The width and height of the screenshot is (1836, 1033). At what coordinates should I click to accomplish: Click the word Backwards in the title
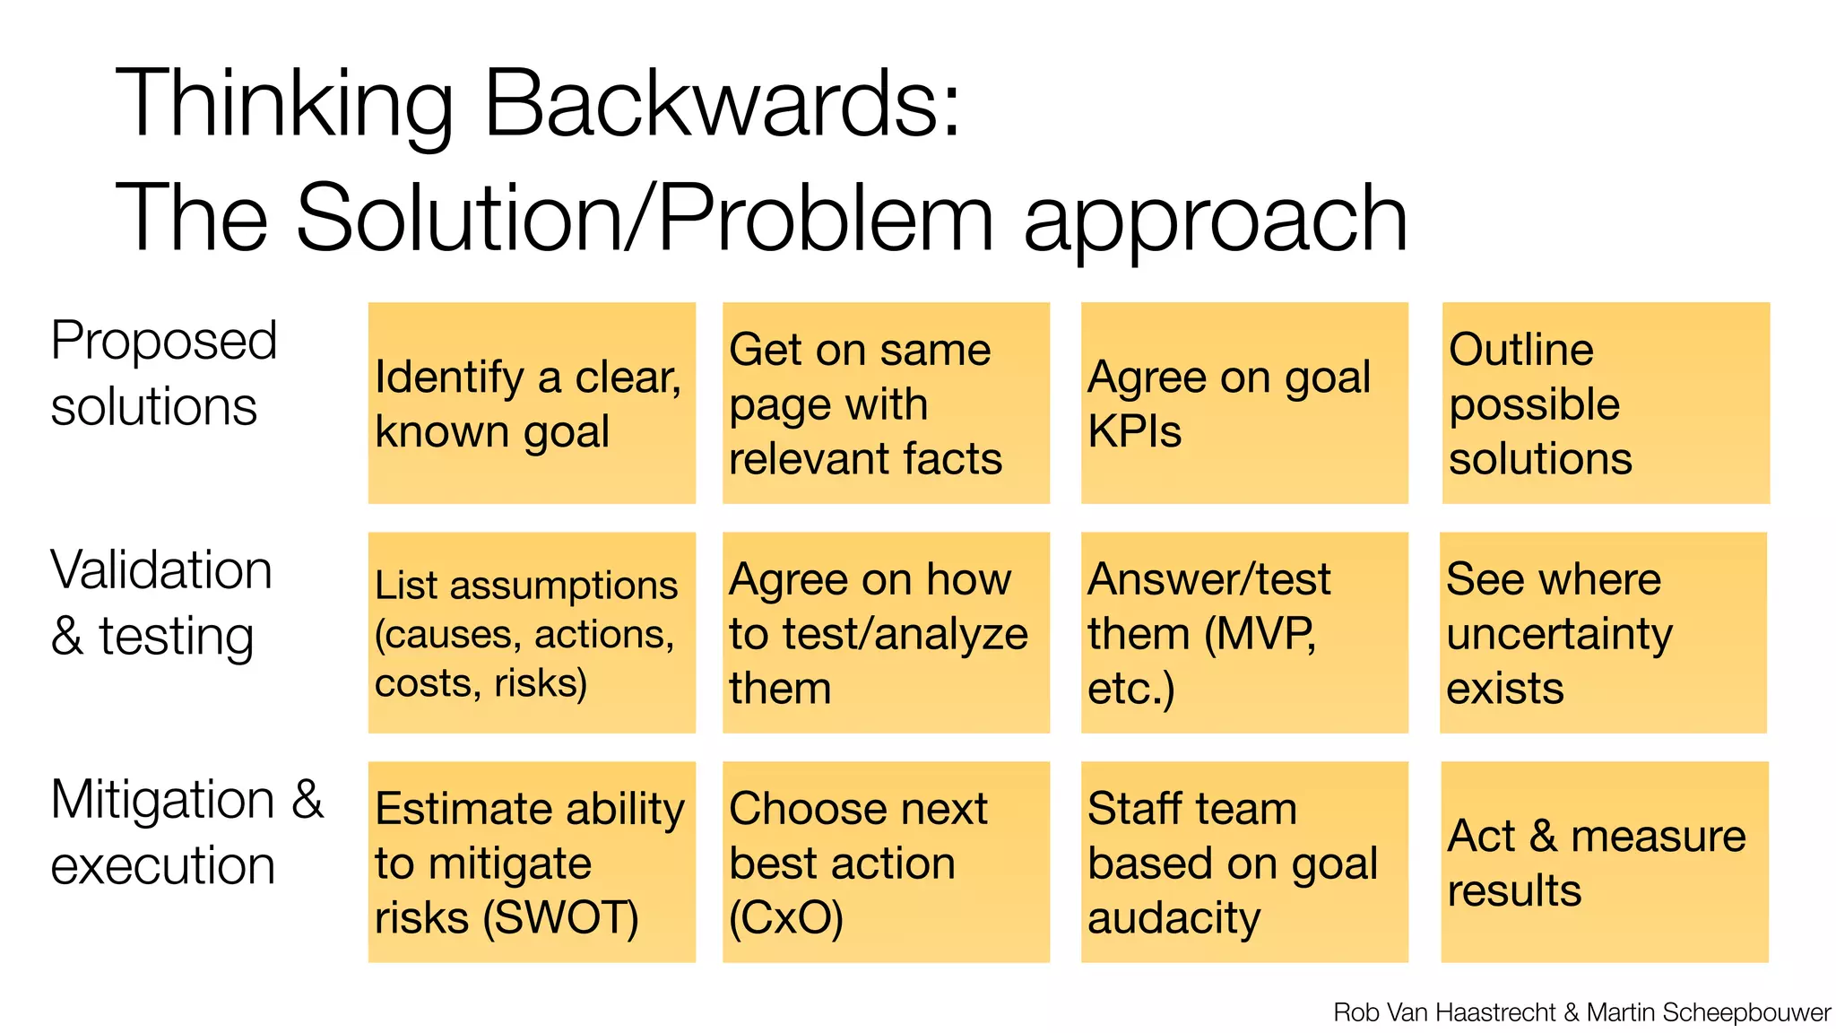pos(723,103)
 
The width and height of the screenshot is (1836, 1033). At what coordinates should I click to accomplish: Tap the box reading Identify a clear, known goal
pos(532,404)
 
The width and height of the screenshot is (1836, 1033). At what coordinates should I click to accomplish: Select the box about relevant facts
pos(886,404)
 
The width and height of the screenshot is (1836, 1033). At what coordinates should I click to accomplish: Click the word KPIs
pos(1134,432)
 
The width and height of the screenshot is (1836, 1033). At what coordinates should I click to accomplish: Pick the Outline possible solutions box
pos(1606,404)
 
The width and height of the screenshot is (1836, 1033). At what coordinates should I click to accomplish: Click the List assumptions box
pos(532,633)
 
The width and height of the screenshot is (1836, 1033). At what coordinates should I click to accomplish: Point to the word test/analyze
pos(905,635)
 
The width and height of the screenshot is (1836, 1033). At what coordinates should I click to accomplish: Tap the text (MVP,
pos(1260,635)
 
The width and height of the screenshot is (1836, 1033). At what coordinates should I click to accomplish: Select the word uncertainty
pos(1559,635)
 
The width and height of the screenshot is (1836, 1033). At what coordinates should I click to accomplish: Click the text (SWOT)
pos(560,918)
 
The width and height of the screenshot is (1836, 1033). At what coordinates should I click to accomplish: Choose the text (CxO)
pos(786,918)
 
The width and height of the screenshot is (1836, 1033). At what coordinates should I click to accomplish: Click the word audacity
pos(1173,918)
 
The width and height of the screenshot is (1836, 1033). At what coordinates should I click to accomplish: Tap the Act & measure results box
pos(1605,863)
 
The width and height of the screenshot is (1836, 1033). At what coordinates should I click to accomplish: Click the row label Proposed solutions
pos(163,373)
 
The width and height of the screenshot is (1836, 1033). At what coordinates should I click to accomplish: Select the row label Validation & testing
pos(161,603)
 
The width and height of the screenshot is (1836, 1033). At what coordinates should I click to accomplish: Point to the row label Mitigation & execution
pos(186,832)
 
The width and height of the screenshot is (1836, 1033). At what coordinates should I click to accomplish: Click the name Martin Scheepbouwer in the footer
pos(1708,1012)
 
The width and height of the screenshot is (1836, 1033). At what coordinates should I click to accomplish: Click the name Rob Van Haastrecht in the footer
pos(1444,1012)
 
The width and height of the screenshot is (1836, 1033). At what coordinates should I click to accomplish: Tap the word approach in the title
pos(1216,220)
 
